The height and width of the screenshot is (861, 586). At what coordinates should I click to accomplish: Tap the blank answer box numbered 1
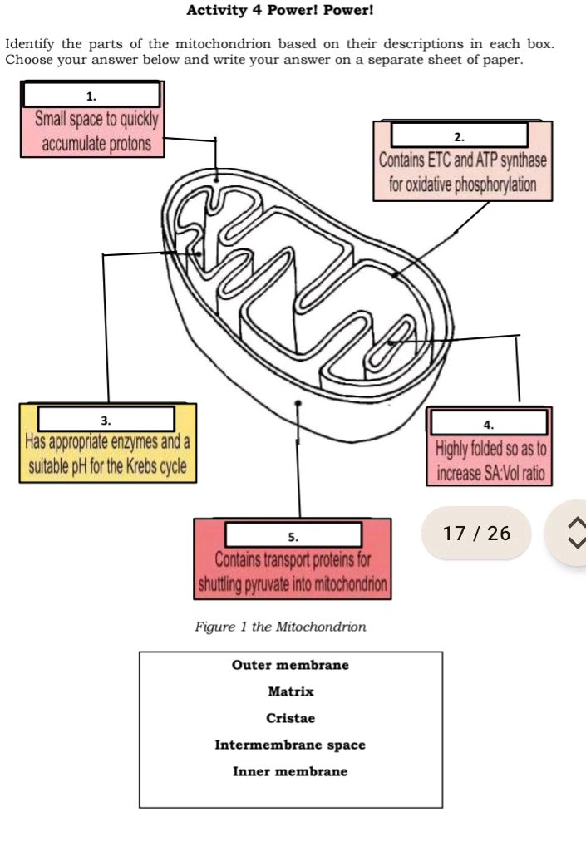91,95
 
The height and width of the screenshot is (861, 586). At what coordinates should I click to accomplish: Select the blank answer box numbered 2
460,135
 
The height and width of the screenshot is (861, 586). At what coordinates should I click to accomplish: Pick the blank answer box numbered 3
106,418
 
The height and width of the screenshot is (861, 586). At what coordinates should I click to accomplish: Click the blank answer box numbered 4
488,423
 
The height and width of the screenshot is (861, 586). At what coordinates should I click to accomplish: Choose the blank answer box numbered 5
293,535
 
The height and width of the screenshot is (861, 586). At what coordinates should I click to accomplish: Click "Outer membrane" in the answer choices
290,665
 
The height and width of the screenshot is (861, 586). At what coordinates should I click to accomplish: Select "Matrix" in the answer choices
290,691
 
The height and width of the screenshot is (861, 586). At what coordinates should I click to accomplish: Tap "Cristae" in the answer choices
290,718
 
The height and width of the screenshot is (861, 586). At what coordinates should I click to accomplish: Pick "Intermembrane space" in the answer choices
290,745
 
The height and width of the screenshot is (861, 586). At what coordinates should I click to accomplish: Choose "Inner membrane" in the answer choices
290,771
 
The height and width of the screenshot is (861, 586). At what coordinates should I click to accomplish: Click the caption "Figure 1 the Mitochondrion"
280,626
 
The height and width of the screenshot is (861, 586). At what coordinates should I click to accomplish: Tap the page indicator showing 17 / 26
478,533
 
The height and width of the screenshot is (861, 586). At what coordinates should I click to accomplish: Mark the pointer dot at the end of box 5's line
298,403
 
